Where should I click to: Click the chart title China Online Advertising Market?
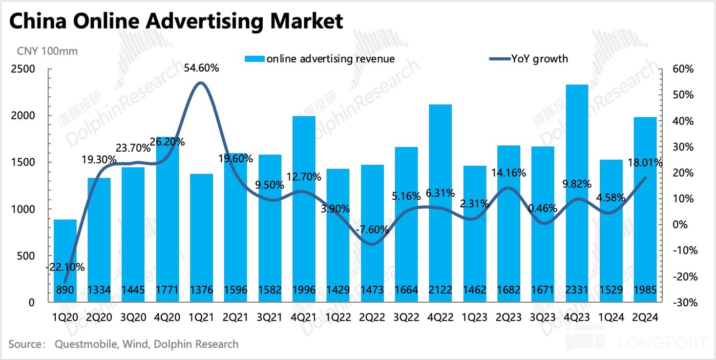coord(175,21)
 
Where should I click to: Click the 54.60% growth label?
coord(201,68)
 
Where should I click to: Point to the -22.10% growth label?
coord(65,267)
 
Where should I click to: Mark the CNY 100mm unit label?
coord(47,51)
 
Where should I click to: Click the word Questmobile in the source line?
coord(86,344)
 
